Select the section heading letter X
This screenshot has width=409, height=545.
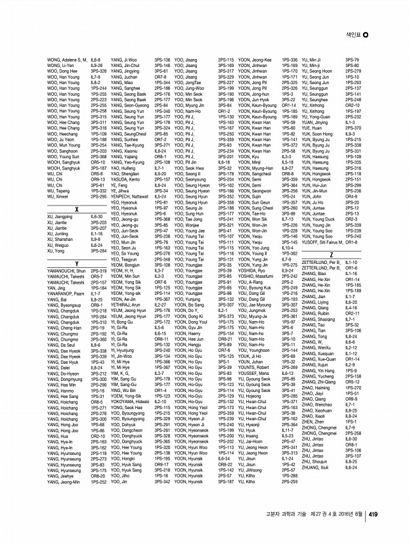point(77,209)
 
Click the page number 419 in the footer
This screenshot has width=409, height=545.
point(372,514)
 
